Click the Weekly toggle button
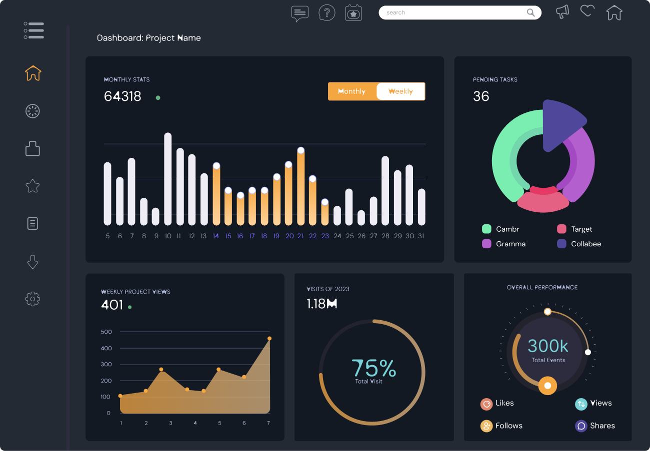[x=400, y=91]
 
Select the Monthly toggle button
[x=352, y=91]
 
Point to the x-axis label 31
[x=421, y=236]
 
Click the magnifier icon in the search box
[x=530, y=12]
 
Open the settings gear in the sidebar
[x=32, y=299]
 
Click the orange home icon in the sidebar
[x=33, y=73]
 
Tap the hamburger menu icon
[x=33, y=30]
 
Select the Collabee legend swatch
[x=561, y=244]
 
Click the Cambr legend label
[x=507, y=229]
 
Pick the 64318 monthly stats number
[x=122, y=96]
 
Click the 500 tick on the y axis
[x=106, y=332]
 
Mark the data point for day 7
[x=269, y=339]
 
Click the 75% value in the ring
[x=373, y=369]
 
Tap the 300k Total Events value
[x=548, y=346]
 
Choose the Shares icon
[x=581, y=426]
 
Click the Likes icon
[x=486, y=404]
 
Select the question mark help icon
[x=326, y=12]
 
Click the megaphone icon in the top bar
[x=562, y=11]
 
